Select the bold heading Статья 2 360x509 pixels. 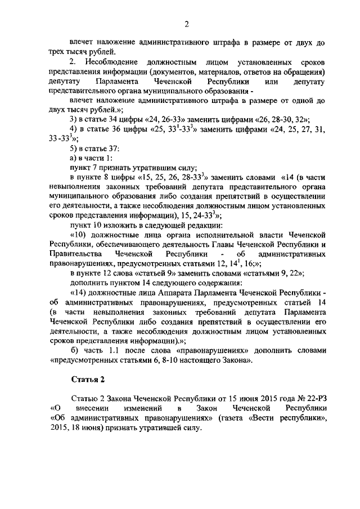[88, 376]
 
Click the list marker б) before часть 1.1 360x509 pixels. [73, 350]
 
